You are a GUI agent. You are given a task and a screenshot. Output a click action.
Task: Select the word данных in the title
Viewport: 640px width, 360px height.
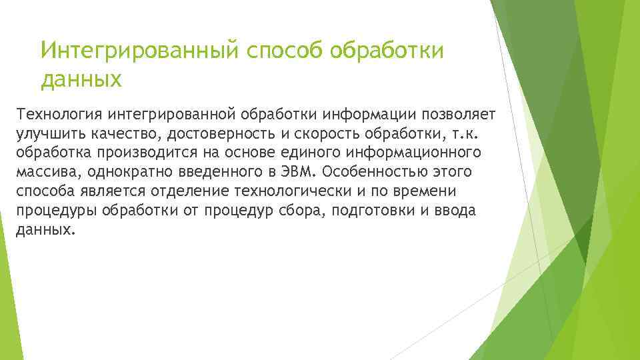(x=81, y=81)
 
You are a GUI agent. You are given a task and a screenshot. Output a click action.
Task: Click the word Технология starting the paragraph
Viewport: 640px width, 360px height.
(x=57, y=113)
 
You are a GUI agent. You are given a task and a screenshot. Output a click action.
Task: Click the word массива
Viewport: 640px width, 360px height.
(x=42, y=172)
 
